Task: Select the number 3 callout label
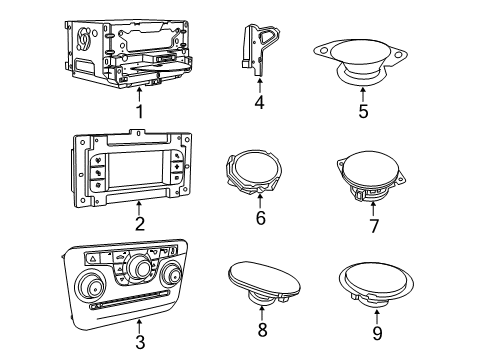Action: [139, 343]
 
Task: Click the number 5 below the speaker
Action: [363, 112]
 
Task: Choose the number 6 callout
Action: [260, 217]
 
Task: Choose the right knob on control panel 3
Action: [182, 282]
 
